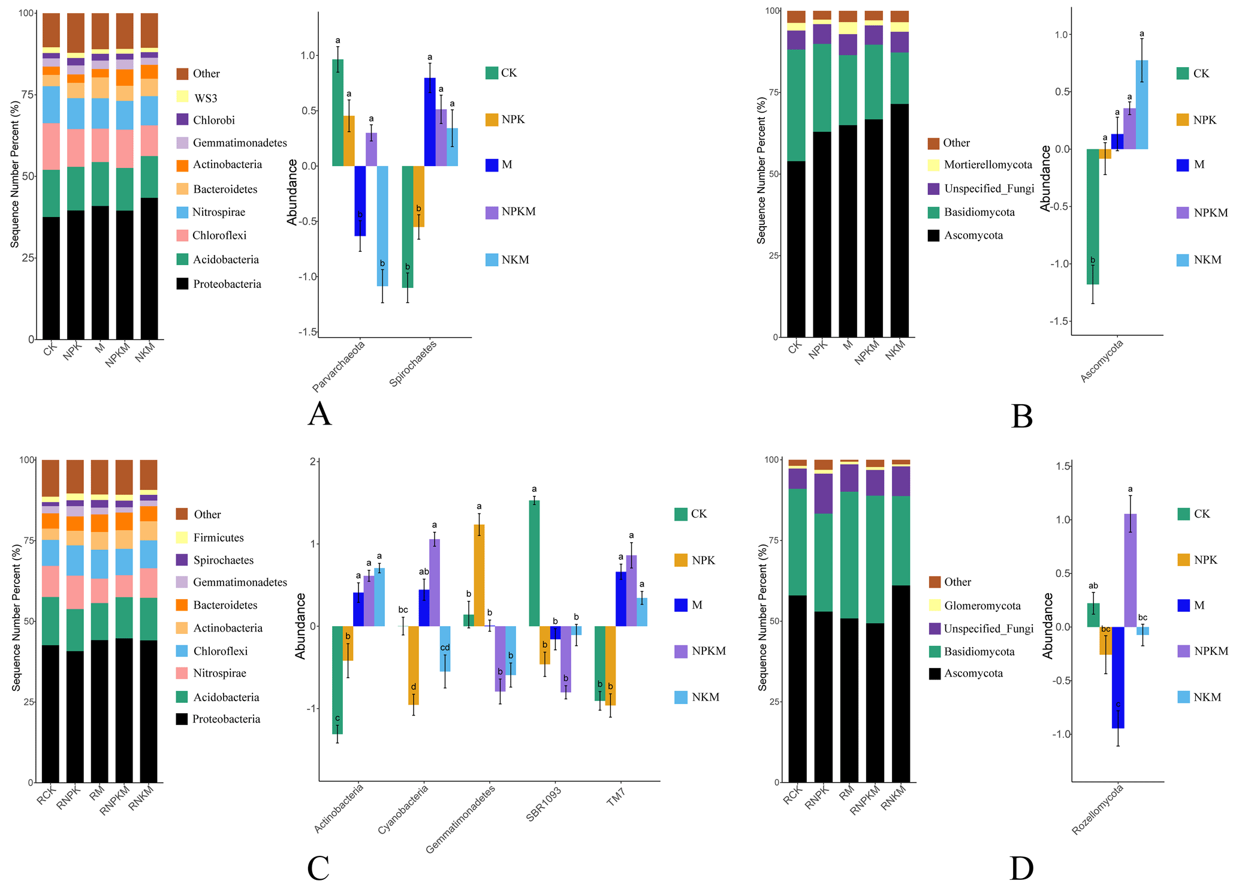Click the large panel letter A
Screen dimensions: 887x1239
click(x=319, y=414)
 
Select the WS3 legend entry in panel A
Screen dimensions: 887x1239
click(x=206, y=97)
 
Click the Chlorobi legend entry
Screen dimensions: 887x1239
click(x=213, y=120)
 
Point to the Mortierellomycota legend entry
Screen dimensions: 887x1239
click(x=988, y=165)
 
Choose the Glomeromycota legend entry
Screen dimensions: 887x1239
click(x=982, y=606)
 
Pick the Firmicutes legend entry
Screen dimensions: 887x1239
click(x=218, y=538)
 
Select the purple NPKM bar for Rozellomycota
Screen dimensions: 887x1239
click(x=1130, y=570)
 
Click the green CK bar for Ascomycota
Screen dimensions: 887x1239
click(x=1092, y=216)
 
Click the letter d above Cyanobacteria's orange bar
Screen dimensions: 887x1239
click(x=414, y=687)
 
